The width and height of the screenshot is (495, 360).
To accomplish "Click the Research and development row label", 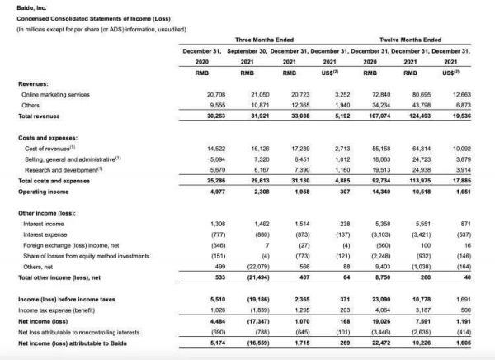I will coord(62,169).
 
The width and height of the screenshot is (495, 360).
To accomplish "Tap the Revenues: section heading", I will coord(35,84).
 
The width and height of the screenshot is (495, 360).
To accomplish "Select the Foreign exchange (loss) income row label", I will coord(68,245).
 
